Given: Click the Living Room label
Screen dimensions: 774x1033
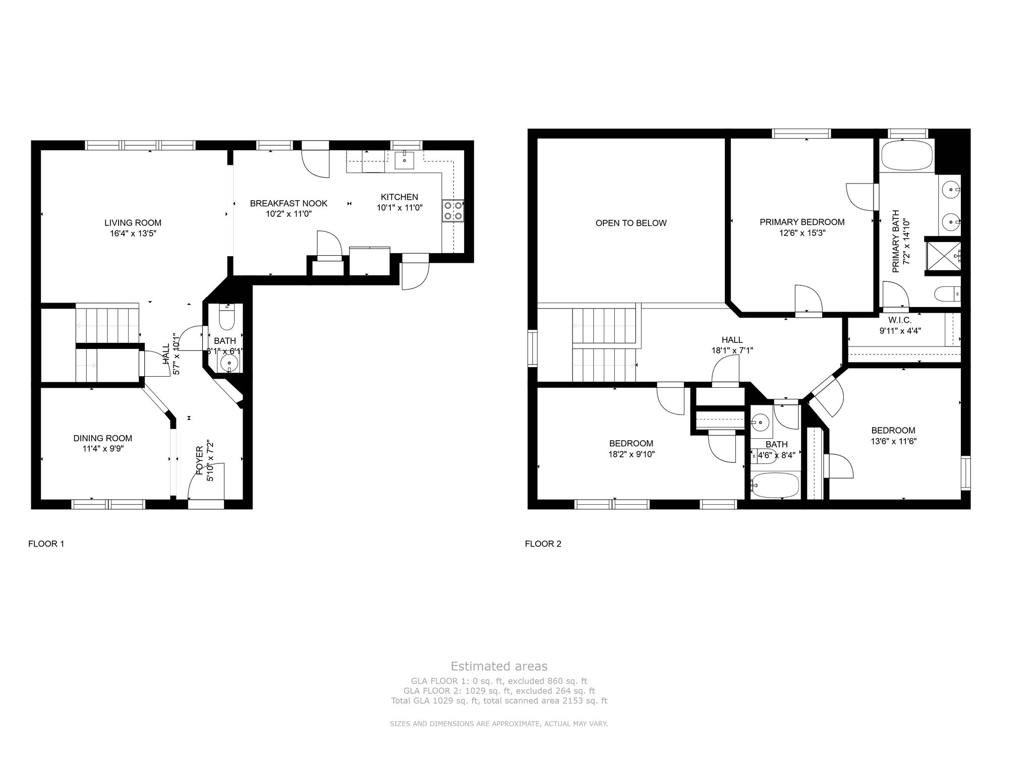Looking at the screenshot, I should [133, 223].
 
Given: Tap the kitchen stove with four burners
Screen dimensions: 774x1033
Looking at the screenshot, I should [452, 211].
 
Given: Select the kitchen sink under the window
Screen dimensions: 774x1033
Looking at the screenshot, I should [405, 160].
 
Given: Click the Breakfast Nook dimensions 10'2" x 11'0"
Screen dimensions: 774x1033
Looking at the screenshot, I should [289, 214].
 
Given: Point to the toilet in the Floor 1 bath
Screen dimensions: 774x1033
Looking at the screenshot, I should [227, 317].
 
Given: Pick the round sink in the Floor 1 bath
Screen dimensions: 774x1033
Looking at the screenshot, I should [229, 362].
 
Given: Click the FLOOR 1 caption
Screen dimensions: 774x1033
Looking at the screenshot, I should [46, 544].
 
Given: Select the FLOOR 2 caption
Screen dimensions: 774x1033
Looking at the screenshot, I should [543, 544].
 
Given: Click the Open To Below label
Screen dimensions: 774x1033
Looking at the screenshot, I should [631, 223].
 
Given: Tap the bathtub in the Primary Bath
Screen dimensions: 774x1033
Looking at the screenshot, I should [906, 155].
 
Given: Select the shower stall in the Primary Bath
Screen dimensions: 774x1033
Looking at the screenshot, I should [943, 256].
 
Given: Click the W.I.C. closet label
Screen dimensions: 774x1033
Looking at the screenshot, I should [899, 320].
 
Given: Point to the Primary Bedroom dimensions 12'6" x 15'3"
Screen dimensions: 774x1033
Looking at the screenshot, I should [802, 233].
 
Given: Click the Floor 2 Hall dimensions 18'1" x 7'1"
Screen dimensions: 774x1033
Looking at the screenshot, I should [732, 350].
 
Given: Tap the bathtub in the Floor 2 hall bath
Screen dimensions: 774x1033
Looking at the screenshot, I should [775, 485].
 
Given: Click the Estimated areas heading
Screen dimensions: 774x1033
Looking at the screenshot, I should [499, 667].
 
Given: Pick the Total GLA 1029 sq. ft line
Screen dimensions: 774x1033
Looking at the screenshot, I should [499, 701].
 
